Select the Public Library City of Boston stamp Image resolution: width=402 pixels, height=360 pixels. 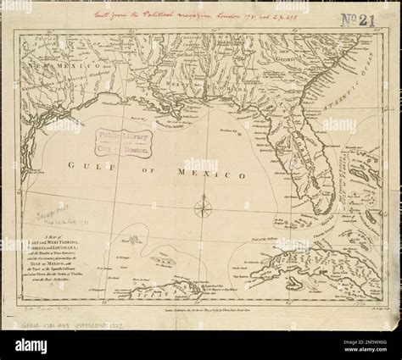120,141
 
